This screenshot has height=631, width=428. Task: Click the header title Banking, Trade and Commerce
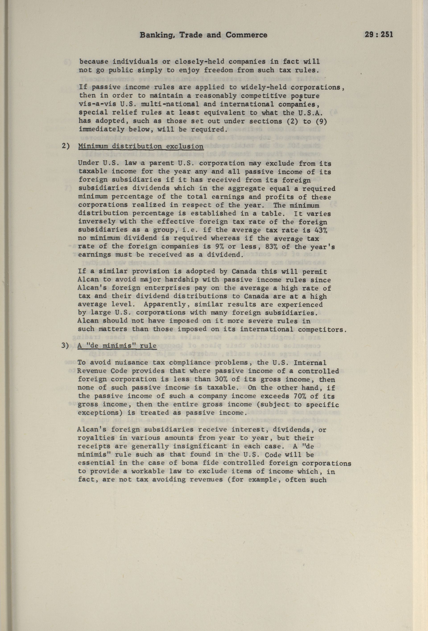click(x=203, y=35)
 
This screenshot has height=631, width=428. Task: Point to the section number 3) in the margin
click(x=66, y=346)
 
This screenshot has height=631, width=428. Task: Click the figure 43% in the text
click(x=321, y=230)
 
